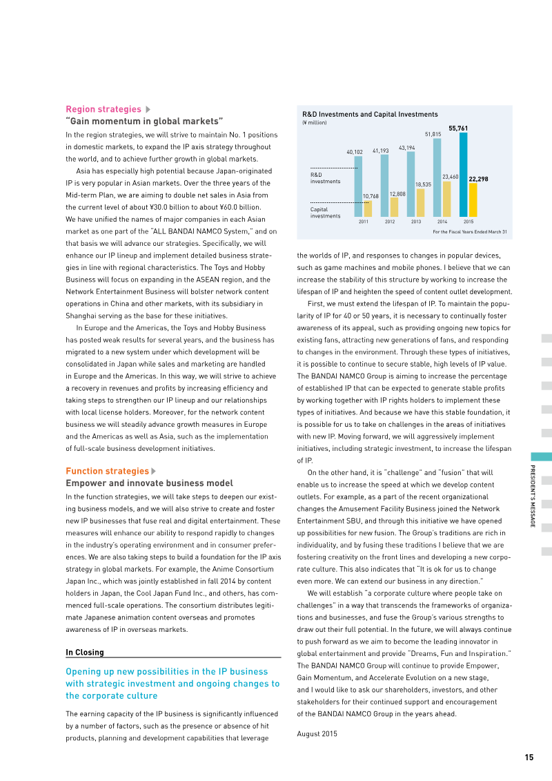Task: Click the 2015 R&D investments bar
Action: point(463,175)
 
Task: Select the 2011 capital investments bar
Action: point(368,209)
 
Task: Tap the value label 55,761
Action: point(458,128)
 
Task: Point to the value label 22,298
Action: point(478,179)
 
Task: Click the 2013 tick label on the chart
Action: point(416,222)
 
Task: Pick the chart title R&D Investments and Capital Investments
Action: point(370,115)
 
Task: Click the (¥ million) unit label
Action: point(315,123)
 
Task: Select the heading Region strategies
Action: point(103,109)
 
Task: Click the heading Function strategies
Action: point(107,472)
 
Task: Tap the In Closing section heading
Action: point(85,653)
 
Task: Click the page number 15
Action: point(529,758)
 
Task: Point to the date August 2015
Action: point(317,733)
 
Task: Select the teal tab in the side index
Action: point(541,456)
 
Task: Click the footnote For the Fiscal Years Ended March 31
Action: point(469,232)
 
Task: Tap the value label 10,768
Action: point(371,197)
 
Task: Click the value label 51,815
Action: point(433,134)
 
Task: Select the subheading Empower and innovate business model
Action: point(149,483)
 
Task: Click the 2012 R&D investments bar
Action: point(384,185)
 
